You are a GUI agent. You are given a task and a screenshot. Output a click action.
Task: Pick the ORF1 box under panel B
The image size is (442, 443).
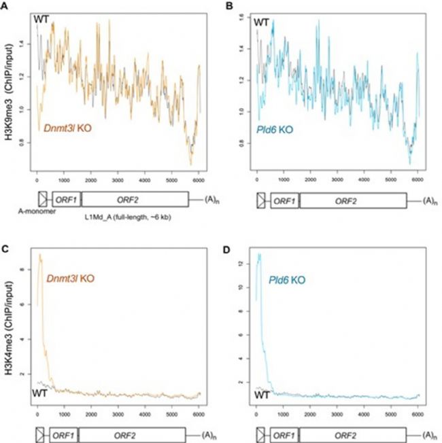[x=284, y=200]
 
